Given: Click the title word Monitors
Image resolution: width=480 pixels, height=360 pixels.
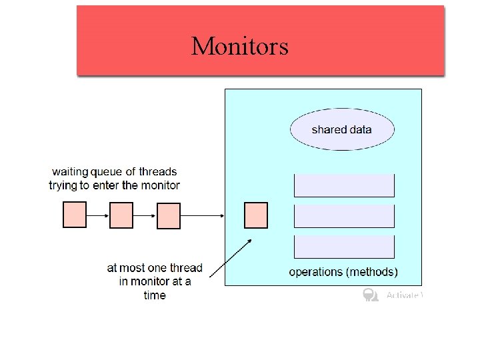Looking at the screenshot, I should click(x=239, y=46).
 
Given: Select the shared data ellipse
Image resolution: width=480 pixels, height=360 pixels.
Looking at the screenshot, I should click(x=342, y=129).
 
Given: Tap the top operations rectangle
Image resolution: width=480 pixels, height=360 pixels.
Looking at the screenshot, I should click(x=344, y=185).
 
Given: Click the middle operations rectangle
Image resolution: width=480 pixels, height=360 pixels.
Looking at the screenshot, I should click(x=344, y=216).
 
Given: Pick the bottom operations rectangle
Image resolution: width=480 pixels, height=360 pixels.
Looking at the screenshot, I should click(x=344, y=247).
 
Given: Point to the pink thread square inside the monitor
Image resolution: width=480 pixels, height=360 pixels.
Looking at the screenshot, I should click(x=256, y=215).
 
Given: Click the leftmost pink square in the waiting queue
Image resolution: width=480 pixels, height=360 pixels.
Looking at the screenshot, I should click(x=75, y=215).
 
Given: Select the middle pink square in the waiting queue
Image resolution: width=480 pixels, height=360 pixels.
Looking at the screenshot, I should click(x=121, y=215).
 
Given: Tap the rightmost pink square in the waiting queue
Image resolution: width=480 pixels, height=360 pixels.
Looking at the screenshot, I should click(x=168, y=215).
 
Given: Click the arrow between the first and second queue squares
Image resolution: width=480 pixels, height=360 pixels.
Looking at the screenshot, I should click(x=98, y=215).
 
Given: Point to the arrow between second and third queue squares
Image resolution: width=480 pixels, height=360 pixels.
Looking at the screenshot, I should click(x=145, y=215).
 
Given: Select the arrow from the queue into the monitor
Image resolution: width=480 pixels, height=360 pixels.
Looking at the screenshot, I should click(x=202, y=215).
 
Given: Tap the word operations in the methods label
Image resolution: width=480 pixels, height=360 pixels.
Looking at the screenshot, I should click(x=315, y=272).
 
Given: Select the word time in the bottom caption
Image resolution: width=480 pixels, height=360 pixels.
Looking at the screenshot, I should click(x=155, y=295).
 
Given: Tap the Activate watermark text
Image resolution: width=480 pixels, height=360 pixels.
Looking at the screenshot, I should click(x=403, y=295).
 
